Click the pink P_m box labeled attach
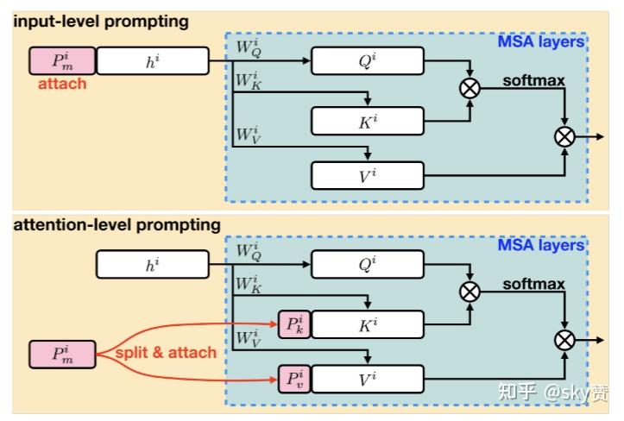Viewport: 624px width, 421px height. [x=62, y=61]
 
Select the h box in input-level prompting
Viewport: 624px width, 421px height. [x=153, y=61]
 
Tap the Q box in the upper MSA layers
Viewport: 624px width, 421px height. [x=368, y=61]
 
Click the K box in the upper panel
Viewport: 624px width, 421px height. [x=368, y=121]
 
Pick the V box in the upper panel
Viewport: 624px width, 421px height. [x=368, y=175]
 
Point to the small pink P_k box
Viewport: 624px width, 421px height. [x=294, y=324]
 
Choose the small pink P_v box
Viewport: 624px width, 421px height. [x=294, y=379]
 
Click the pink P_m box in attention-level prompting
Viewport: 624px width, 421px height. [x=62, y=355]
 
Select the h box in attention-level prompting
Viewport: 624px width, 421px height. [x=153, y=264]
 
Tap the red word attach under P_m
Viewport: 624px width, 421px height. [x=62, y=84]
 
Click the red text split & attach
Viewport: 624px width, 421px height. [x=166, y=353]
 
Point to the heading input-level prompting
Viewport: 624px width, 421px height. [x=101, y=22]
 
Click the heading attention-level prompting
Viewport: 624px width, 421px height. [x=117, y=225]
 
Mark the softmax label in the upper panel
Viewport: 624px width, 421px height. [x=533, y=81]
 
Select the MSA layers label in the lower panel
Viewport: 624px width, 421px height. [x=541, y=245]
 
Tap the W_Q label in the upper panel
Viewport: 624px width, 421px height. [x=249, y=48]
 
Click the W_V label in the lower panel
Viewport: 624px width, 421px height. [x=249, y=339]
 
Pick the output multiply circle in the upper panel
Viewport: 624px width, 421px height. [x=564, y=137]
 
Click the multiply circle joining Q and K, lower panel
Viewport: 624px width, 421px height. [x=470, y=292]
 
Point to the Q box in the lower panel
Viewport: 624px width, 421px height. [x=368, y=264]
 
